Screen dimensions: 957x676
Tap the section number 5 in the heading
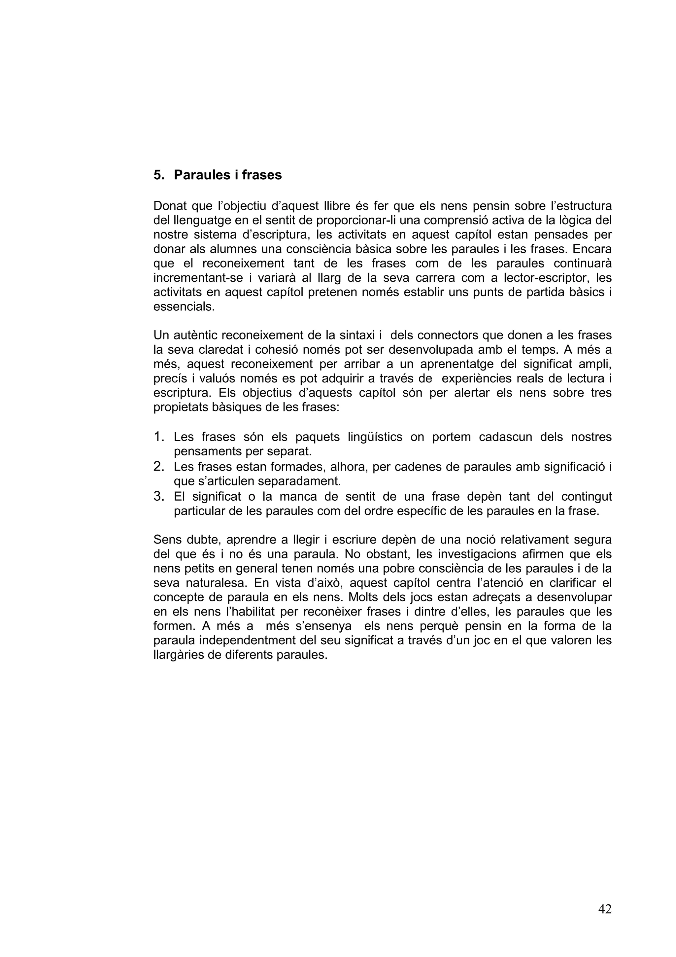[x=157, y=175]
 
